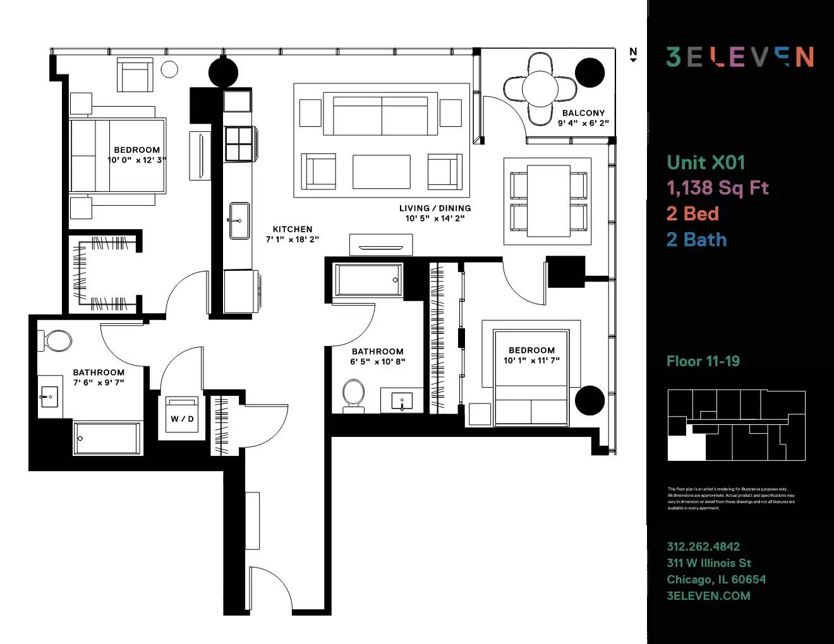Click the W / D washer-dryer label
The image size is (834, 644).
click(x=182, y=419)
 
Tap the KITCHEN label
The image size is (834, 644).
click(x=293, y=229)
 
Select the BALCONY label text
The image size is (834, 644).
click(x=583, y=113)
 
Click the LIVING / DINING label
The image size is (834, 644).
click(x=435, y=208)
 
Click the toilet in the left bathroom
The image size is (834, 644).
click(x=57, y=340)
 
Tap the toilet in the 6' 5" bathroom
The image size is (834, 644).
click(x=354, y=394)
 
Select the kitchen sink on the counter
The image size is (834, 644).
click(x=239, y=220)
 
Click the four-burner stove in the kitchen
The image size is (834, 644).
click(x=239, y=143)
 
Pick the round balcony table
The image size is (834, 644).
click(x=540, y=88)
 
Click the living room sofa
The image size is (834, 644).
click(x=381, y=115)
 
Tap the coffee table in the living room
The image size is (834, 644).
click(x=381, y=172)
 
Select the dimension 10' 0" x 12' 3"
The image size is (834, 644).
click(x=136, y=160)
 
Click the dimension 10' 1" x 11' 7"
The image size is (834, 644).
click(x=531, y=361)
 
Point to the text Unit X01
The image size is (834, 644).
click(x=706, y=162)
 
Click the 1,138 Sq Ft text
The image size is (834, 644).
click(x=717, y=188)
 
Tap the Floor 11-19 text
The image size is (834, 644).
click(x=703, y=361)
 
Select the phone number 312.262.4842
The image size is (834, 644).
click(x=703, y=547)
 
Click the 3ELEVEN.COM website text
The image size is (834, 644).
click(x=708, y=596)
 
